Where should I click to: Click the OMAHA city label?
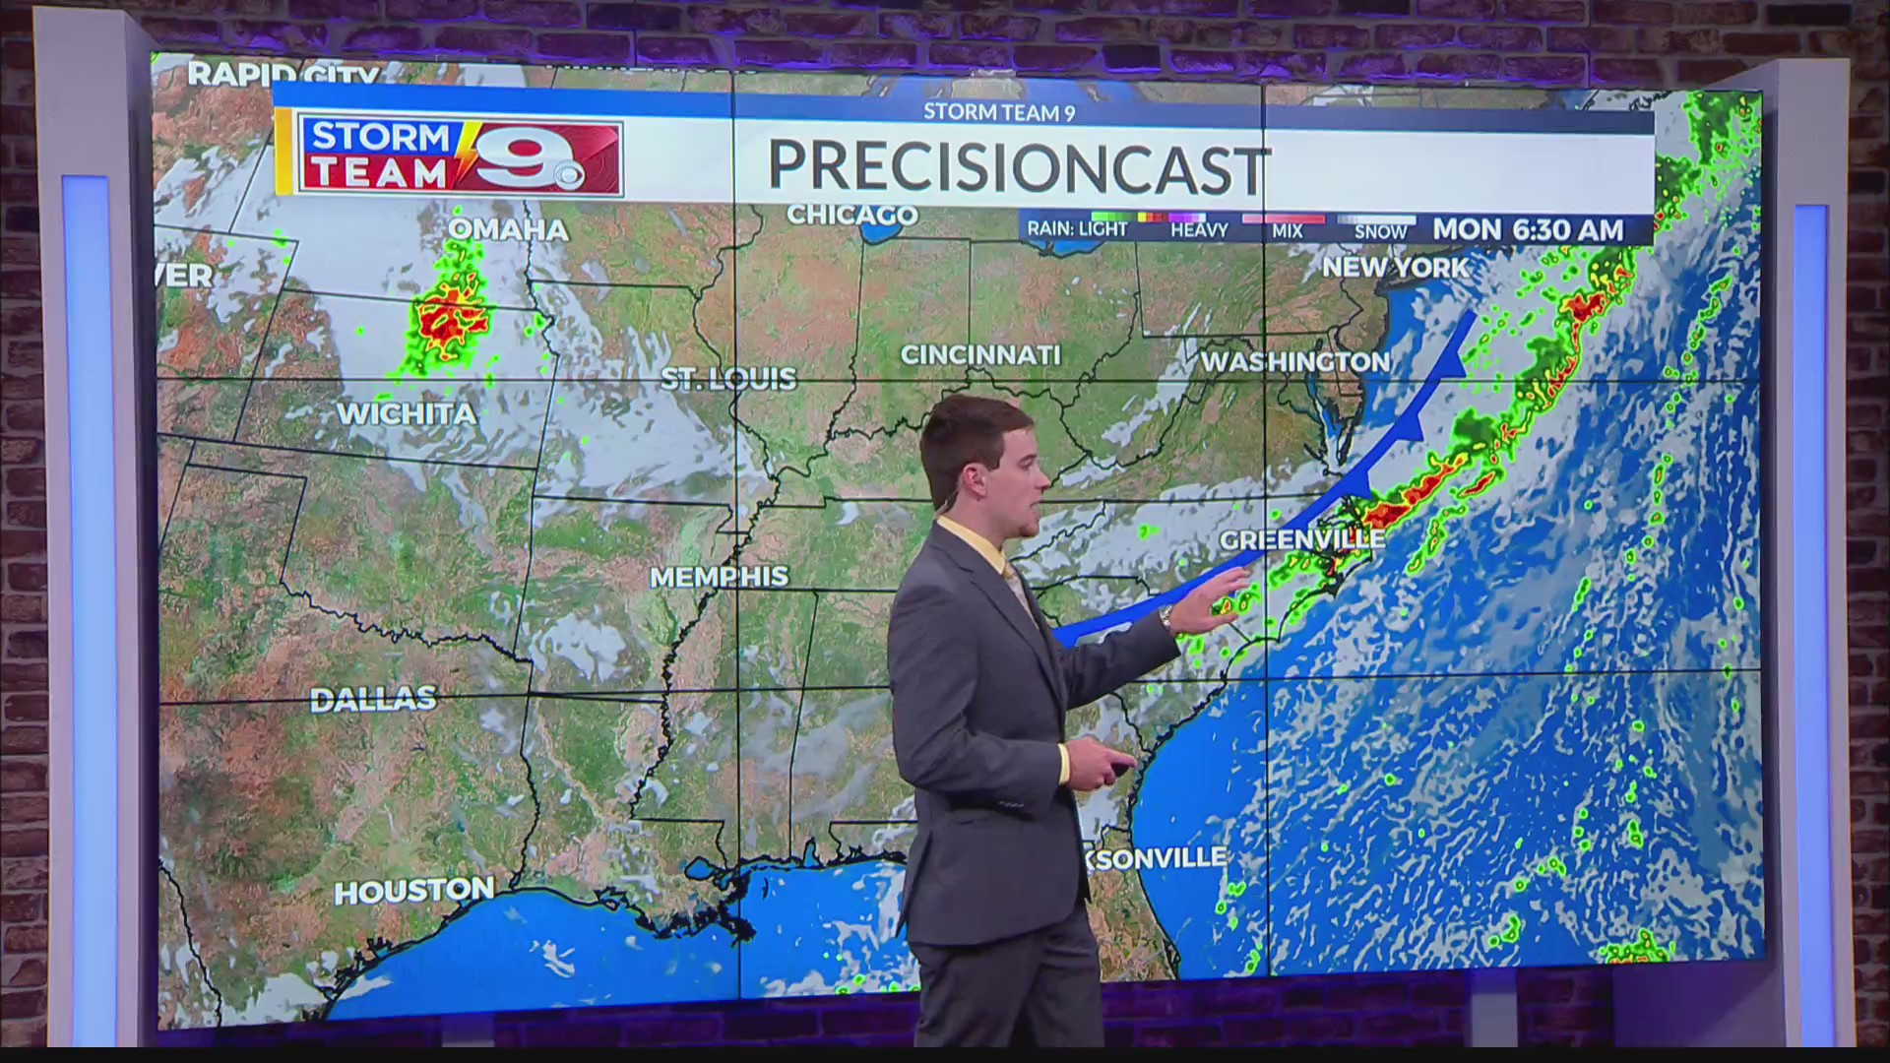tap(508, 230)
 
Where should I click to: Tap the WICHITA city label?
tap(407, 413)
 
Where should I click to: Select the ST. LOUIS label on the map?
tap(727, 379)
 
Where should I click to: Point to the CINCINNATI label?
tap(980, 355)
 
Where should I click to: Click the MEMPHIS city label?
tap(719, 577)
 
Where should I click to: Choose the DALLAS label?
tap(373, 700)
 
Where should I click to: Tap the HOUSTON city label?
tap(413, 892)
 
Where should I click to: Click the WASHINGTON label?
tap(1294, 362)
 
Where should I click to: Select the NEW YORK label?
tap(1394, 267)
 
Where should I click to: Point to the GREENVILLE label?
tap(1301, 539)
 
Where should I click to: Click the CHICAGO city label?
tap(851, 215)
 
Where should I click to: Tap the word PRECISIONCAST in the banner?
tap(1018, 168)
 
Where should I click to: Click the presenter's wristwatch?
tap(1165, 618)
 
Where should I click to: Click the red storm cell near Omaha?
tap(448, 320)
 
